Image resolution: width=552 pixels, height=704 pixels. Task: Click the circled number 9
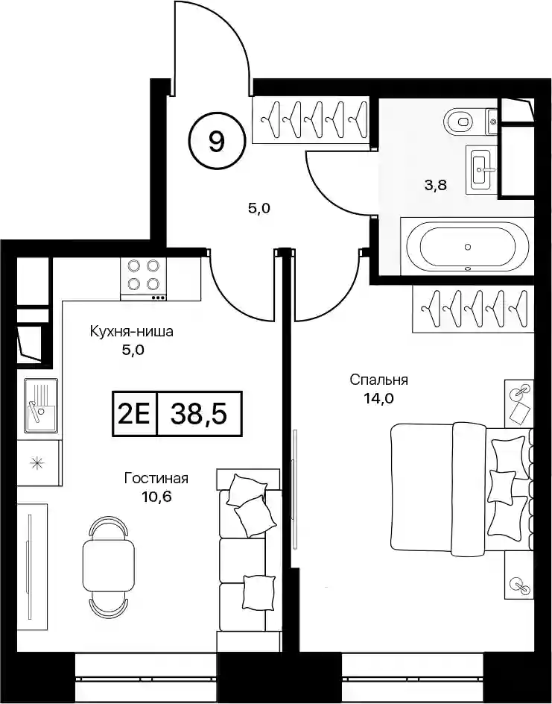217,142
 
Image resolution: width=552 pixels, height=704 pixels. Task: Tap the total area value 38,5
199,414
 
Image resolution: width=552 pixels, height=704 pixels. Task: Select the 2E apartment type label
134,414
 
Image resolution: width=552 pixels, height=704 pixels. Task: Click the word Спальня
379,380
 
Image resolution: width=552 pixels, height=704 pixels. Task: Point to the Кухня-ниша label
131,333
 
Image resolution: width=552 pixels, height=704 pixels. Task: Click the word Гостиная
156,478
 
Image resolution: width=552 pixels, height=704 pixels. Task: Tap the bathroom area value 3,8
437,184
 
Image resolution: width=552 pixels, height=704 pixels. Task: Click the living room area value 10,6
156,496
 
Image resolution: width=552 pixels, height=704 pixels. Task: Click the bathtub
468,247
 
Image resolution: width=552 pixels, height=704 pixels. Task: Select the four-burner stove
143,279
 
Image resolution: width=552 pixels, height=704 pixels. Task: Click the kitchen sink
41,406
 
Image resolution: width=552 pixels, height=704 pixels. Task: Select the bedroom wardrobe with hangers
474,309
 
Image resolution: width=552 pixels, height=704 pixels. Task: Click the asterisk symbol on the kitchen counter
36,463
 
